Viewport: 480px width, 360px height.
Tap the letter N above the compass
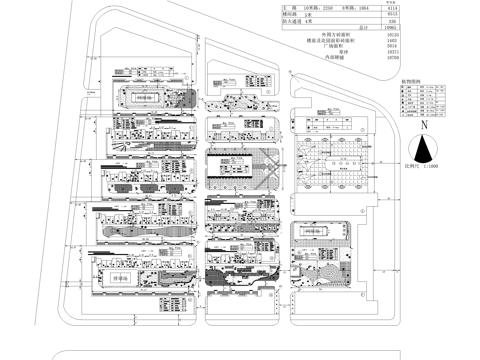pos(425,127)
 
